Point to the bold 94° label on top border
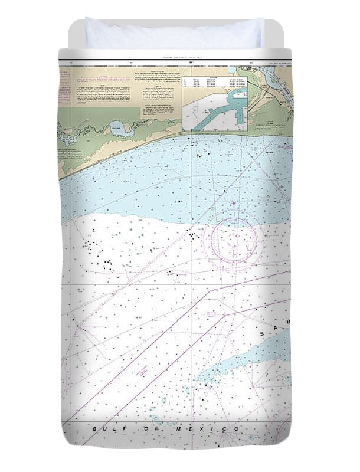[191, 61]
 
